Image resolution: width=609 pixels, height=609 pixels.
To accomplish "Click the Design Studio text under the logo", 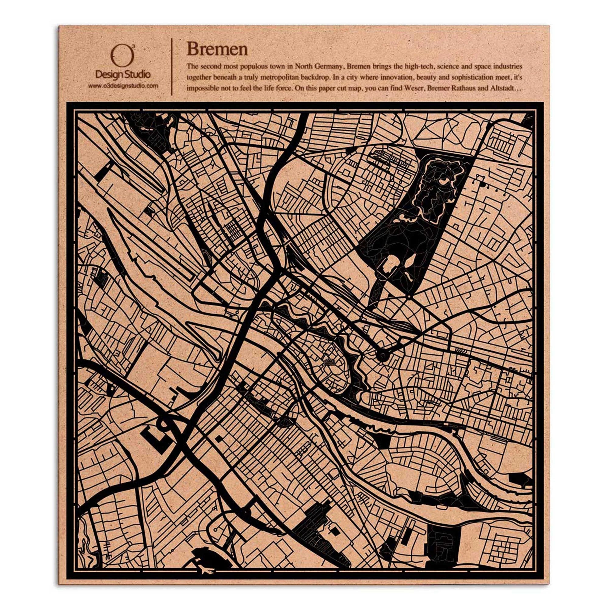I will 123,75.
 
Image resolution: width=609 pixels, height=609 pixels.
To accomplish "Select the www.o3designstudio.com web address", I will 123,86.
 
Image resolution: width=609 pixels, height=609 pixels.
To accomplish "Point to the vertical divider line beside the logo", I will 171,66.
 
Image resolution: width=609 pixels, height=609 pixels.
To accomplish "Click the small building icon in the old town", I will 329,362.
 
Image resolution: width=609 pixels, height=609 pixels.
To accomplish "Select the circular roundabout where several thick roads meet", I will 383,355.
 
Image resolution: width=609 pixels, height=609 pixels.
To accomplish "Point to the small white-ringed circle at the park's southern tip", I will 408,297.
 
